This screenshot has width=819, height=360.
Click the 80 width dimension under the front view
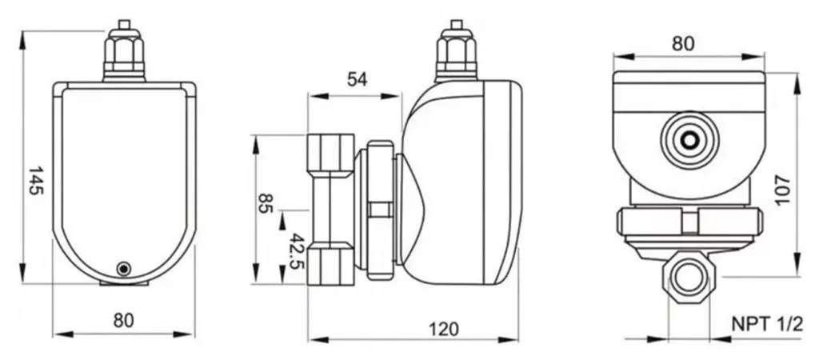point(122,319)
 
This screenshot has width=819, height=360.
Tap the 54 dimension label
point(358,78)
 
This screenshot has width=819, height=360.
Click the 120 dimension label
point(445,328)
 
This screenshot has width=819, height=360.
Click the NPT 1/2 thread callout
point(766,325)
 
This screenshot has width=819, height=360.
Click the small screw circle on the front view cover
point(122,269)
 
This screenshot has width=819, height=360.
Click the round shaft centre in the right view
point(689,141)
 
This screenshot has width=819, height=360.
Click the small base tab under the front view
point(122,282)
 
